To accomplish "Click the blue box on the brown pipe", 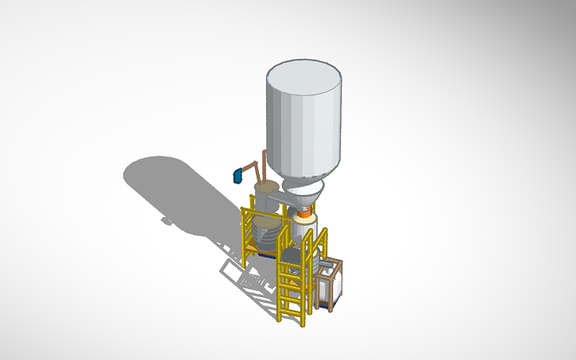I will (x=237, y=175).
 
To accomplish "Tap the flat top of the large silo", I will (x=304, y=77).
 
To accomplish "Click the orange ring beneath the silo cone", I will (x=304, y=213).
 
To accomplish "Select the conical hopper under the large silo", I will (x=306, y=194).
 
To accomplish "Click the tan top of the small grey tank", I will (x=265, y=188).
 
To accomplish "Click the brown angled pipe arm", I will (x=249, y=167).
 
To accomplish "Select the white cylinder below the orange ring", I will (x=305, y=231).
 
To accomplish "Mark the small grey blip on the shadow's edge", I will (x=165, y=220).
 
